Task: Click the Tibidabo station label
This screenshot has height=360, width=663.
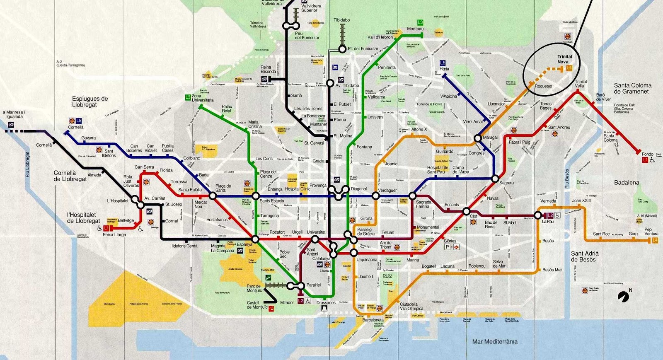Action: (342, 20)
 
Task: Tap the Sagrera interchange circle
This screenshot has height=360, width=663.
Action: (495, 179)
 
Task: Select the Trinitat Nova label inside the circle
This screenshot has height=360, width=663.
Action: (565, 59)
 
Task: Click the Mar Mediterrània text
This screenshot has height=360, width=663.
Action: (495, 341)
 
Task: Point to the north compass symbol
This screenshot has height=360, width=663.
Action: (623, 296)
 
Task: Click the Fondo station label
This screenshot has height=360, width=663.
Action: (647, 154)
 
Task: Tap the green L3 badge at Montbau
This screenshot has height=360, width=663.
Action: (420, 22)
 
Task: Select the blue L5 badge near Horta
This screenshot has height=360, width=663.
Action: (443, 63)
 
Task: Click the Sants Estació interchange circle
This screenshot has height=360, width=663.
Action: (256, 196)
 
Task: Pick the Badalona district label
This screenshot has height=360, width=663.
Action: (627, 182)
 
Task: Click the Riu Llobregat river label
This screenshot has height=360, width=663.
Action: (28, 164)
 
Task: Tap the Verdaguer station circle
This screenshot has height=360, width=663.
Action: (375, 196)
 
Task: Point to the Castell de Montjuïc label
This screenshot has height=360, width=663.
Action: (257, 305)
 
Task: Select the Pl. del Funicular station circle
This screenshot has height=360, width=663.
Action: (342, 49)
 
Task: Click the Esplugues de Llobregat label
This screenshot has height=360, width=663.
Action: (90, 101)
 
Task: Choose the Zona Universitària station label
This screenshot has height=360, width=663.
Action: (203, 98)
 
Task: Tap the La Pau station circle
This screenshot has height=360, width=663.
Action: (537, 215)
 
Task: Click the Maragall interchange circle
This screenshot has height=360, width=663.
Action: (477, 138)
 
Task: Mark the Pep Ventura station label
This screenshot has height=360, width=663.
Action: (651, 231)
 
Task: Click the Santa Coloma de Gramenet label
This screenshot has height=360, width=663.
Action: (632, 88)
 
